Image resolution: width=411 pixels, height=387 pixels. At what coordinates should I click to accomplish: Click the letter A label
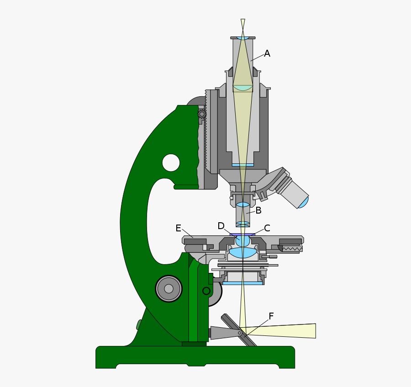(x=267, y=54)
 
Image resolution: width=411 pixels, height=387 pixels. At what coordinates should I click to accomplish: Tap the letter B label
(x=258, y=210)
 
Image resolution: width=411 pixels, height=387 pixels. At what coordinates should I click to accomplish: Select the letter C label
(x=267, y=228)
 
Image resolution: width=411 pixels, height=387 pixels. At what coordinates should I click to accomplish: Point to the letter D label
(x=221, y=226)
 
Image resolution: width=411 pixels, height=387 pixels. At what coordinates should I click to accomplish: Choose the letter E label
(x=179, y=228)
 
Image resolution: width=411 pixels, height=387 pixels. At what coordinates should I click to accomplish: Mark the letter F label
(x=271, y=316)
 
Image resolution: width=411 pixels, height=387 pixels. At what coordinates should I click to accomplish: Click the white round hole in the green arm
(x=171, y=163)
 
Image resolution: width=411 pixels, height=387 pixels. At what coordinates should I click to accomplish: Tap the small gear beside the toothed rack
(x=202, y=114)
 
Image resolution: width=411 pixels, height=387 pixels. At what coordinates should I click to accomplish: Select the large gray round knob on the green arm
(x=169, y=288)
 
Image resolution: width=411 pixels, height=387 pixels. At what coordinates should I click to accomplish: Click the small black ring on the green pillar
(x=206, y=291)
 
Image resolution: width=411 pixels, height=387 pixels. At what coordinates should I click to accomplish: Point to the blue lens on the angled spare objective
(x=304, y=203)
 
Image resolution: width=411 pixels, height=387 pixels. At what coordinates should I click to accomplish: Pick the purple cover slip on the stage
(x=242, y=235)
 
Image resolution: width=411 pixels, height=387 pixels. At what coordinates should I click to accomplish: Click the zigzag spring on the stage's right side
(x=292, y=249)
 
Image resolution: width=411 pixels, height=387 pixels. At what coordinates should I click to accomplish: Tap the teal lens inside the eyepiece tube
(x=242, y=88)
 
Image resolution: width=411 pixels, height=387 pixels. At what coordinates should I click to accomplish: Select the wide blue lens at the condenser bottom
(x=242, y=283)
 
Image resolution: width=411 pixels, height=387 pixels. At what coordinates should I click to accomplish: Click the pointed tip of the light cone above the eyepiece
(x=243, y=21)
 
